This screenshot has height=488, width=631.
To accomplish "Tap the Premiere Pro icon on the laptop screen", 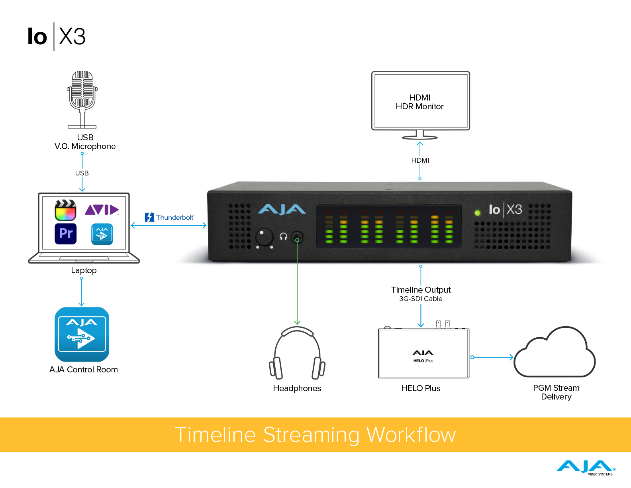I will point(65,234).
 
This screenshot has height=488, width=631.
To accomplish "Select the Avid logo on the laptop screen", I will point(102,210).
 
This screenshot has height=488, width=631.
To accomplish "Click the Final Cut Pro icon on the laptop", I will point(65,210).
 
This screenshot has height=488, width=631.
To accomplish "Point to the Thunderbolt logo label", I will point(169,217).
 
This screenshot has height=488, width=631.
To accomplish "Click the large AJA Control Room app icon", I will point(82,334).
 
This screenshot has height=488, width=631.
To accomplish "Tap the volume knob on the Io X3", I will point(264,237).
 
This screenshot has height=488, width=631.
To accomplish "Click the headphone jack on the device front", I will point(297,238).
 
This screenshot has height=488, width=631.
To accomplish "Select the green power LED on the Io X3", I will point(477,213).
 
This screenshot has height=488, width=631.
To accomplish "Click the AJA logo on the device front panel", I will point(282,209).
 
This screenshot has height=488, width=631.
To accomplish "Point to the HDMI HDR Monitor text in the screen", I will point(419,102).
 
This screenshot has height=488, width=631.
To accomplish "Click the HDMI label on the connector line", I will point(420,160).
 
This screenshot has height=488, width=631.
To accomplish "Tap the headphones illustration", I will point(297,353).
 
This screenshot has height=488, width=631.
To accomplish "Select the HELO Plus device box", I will point(423,354).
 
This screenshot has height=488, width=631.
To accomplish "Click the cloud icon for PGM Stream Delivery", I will point(555,354).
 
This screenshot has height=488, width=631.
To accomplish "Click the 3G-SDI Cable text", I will point(421,299).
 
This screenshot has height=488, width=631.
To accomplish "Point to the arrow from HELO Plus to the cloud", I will point(492,357).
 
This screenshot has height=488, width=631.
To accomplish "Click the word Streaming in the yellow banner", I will point(311,435).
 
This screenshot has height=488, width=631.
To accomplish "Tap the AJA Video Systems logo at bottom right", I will point(586,467).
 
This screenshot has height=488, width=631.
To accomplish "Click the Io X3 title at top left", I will point(57,37).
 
